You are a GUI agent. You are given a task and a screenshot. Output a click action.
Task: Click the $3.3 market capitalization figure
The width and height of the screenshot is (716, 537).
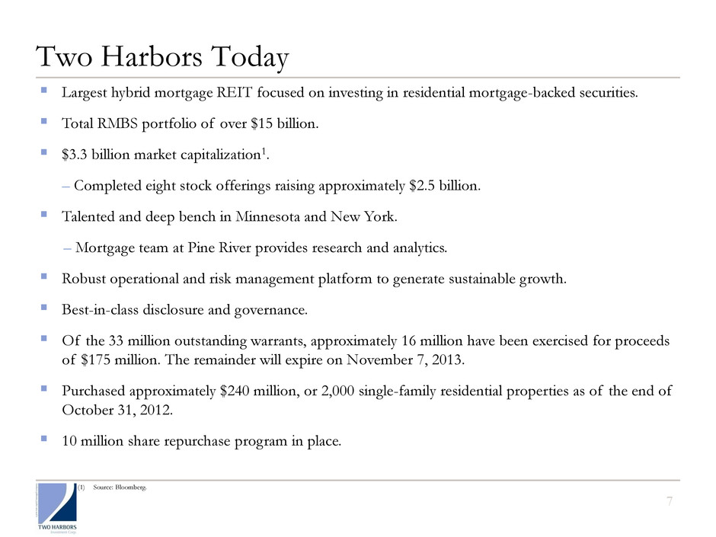pyautogui.click(x=76, y=155)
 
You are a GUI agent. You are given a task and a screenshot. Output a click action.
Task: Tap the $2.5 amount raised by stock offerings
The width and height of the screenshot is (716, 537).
pyautogui.click(x=424, y=187)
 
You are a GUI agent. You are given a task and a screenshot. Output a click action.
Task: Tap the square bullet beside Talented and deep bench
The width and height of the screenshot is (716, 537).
pyautogui.click(x=45, y=216)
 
